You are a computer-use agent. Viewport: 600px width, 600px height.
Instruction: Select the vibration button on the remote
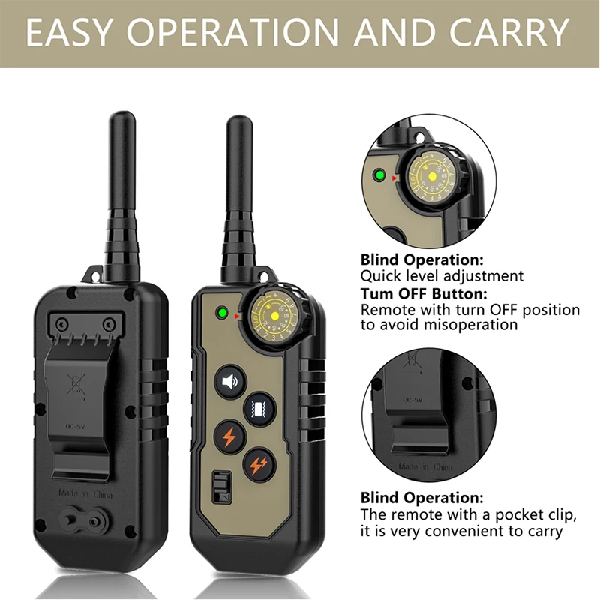[x=256, y=407]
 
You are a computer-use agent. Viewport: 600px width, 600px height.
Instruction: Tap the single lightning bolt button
[x=229, y=436]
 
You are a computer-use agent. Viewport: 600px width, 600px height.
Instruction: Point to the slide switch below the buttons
[x=220, y=487]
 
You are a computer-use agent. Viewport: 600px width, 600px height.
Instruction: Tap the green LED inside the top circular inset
[x=380, y=176]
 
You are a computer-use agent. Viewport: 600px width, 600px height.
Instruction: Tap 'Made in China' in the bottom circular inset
[x=425, y=466]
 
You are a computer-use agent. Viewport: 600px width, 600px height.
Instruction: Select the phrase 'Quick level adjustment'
[x=442, y=276]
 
